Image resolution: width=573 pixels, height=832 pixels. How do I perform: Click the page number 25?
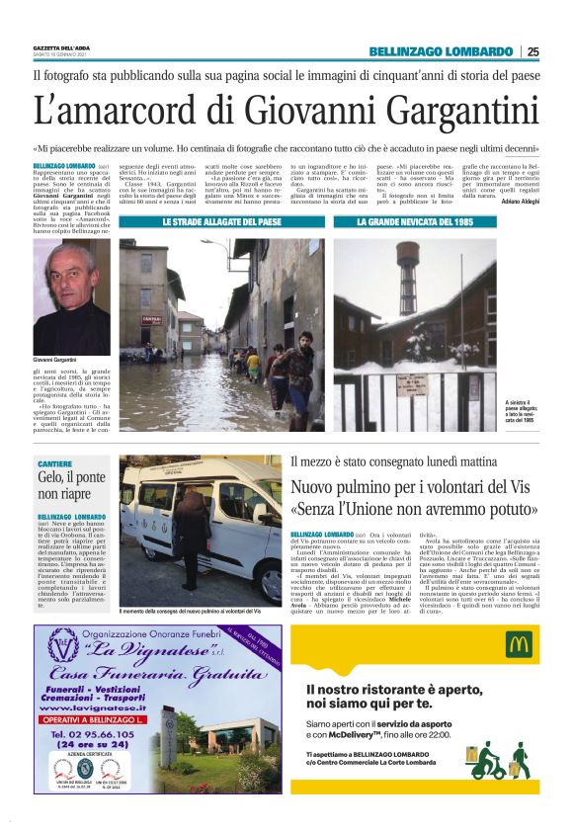coord(532,51)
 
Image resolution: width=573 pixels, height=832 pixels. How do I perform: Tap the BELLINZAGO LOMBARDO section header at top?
coord(441,51)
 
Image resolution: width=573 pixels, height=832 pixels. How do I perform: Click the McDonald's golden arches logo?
coord(519,645)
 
